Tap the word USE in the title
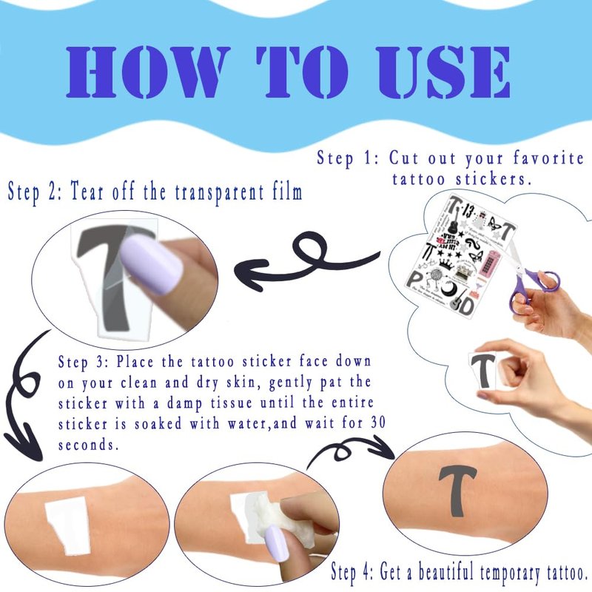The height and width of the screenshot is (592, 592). [443, 72]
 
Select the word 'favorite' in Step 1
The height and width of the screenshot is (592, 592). [548, 158]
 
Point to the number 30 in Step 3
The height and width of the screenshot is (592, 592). [377, 423]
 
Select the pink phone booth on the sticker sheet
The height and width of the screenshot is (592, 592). [486, 262]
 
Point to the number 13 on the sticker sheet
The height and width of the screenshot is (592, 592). [468, 210]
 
